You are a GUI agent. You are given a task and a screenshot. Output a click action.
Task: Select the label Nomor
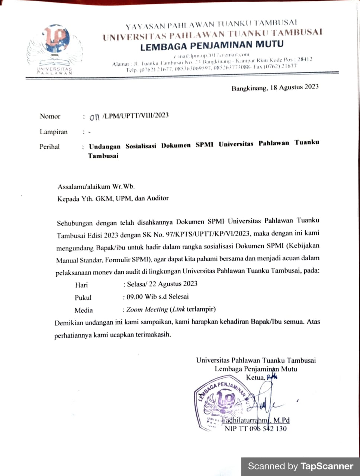click(50, 116)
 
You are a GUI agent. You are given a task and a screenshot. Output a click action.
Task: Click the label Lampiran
click(54, 132)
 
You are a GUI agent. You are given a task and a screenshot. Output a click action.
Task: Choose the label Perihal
click(49, 147)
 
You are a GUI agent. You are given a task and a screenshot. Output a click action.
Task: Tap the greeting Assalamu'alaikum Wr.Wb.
click(96, 186)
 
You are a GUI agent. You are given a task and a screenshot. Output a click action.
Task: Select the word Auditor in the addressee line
click(158, 198)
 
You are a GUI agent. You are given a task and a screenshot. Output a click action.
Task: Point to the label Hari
click(81, 285)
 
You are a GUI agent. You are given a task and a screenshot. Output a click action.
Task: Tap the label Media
click(84, 310)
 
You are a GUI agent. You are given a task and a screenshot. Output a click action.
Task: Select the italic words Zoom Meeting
click(147, 309)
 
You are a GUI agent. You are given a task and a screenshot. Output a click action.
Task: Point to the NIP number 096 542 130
click(268, 428)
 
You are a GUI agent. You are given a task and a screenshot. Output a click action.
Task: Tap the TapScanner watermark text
click(300, 466)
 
